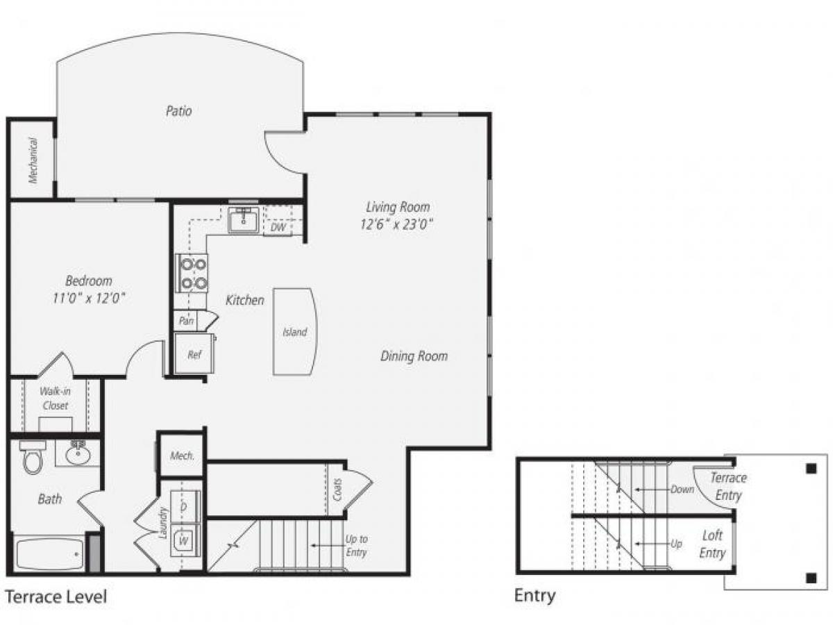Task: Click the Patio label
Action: (x=178, y=110)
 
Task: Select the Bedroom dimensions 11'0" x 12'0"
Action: (x=89, y=299)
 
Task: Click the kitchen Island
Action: (x=295, y=332)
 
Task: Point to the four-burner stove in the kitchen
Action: (x=192, y=273)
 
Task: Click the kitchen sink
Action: (x=243, y=219)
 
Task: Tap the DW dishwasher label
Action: (x=278, y=227)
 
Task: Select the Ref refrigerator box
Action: (x=194, y=354)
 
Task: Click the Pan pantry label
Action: (x=185, y=322)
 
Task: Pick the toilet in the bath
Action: (x=33, y=457)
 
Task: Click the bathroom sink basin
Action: (x=77, y=455)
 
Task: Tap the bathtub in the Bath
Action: (x=49, y=553)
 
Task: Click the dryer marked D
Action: (x=185, y=506)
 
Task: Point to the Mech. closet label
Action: (x=182, y=456)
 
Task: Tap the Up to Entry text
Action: (x=356, y=546)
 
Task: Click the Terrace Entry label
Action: (x=728, y=486)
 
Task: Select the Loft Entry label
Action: (x=712, y=544)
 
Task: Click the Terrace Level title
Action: (x=56, y=597)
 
